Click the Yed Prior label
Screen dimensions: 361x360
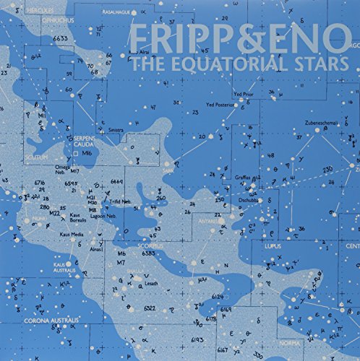(243, 95)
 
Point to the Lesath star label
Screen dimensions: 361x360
(150, 284)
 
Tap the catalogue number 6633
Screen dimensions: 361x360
(60, 37)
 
